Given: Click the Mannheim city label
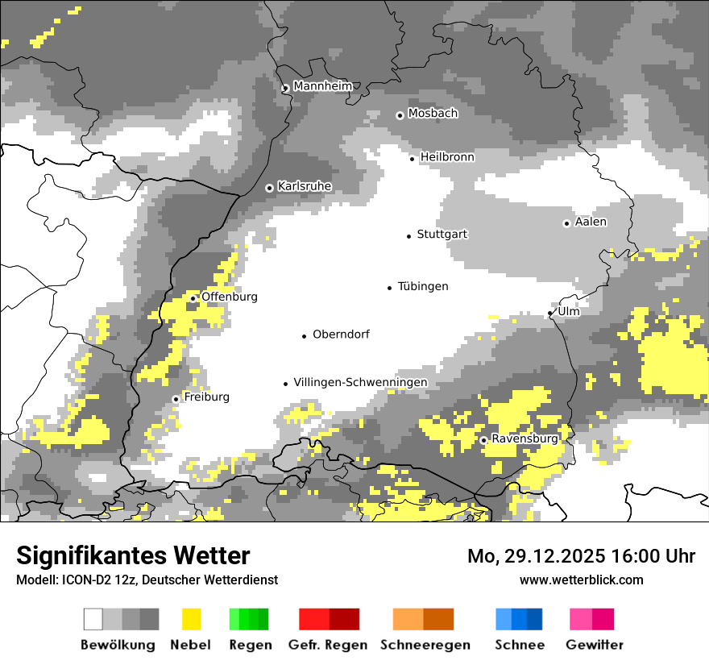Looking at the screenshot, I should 322,86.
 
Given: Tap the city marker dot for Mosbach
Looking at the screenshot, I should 400,115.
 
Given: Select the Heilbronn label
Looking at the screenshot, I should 447,157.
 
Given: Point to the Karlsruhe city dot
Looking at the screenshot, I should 269,188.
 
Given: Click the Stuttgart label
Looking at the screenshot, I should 442,235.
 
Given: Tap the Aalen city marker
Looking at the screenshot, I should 566,223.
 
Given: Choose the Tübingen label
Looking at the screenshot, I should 423,287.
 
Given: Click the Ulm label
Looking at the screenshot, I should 568,311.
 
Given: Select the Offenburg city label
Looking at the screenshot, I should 230,297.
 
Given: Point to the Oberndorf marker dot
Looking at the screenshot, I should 304,336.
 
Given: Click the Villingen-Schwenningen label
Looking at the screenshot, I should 360,382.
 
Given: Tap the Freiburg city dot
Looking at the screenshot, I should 176,399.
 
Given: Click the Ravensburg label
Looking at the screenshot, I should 524,439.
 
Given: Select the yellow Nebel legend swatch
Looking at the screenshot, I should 192,619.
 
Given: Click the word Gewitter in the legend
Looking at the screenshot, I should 595,645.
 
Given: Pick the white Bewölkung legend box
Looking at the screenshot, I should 93,619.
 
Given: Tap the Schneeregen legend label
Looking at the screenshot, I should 425,645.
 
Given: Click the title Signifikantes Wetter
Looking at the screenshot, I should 133,556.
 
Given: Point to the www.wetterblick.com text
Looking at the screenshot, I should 581,580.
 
